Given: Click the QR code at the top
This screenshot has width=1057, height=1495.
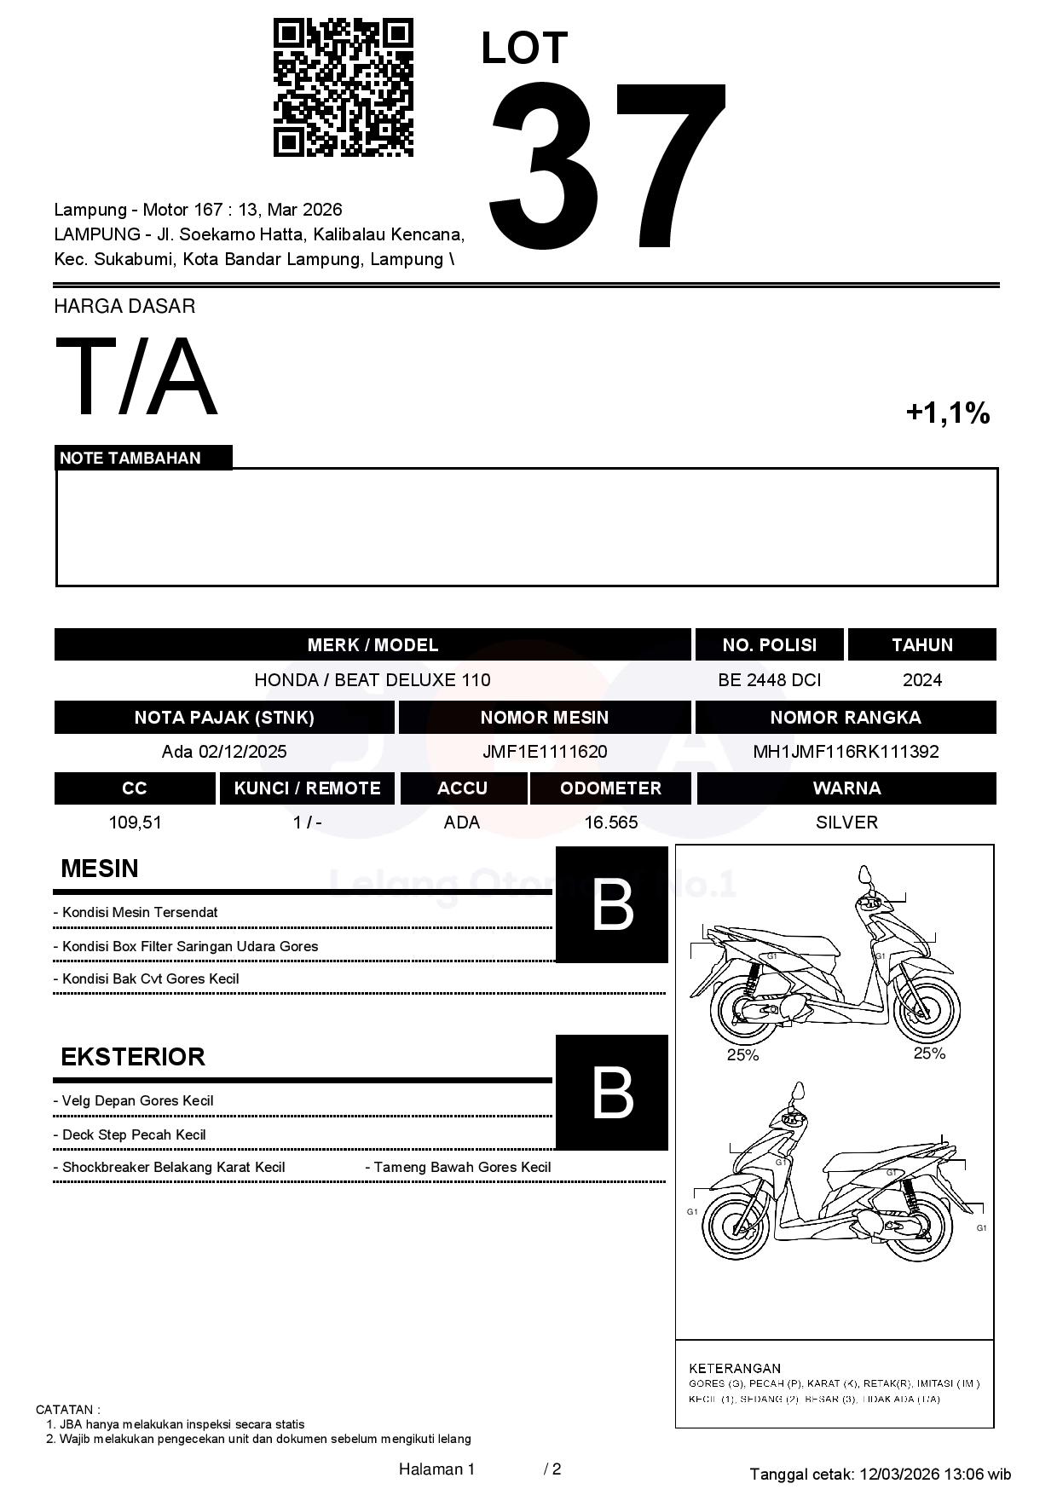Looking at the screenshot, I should (x=343, y=88).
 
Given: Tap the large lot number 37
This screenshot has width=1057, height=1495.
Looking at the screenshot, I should (x=607, y=166).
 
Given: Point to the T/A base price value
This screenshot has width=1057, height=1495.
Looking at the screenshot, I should (x=136, y=378).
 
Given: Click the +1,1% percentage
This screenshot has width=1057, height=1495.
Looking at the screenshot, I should (x=947, y=413).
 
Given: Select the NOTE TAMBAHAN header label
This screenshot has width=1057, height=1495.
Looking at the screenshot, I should (x=130, y=458).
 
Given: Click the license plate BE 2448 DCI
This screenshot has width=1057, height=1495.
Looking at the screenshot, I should (x=769, y=680).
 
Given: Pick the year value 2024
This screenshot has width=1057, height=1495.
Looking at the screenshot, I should (x=921, y=680).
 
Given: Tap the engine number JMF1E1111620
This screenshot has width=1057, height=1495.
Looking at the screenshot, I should (x=545, y=752).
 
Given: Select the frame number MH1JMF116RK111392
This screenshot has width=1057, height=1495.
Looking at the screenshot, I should (x=846, y=752).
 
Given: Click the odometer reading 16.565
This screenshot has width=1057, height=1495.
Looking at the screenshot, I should (x=610, y=823).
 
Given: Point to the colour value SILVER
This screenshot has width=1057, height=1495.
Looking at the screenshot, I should (x=846, y=823).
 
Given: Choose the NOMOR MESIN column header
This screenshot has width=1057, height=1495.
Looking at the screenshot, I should (x=544, y=717).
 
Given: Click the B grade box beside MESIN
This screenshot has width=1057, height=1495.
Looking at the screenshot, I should (x=611, y=904).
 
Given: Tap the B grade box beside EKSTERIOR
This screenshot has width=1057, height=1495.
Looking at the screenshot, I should (x=611, y=1092).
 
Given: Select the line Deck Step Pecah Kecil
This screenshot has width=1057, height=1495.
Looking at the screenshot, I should (x=134, y=1134).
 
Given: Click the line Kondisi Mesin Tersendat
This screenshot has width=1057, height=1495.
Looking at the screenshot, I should (x=140, y=912).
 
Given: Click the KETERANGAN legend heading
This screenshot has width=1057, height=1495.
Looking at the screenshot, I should (x=734, y=1368).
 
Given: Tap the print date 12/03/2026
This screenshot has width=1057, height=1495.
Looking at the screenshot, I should (x=898, y=1474).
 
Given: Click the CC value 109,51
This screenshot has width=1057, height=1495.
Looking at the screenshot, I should (x=135, y=823).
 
